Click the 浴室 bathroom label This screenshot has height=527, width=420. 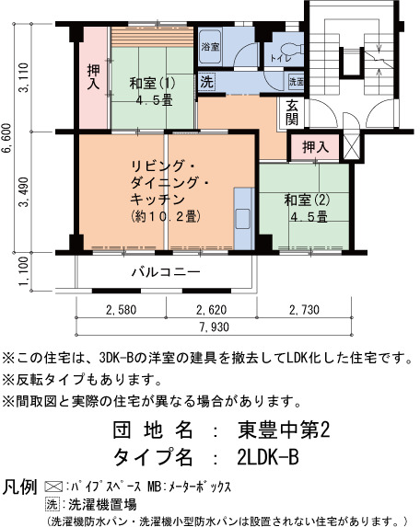210,47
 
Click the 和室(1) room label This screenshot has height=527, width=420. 153,83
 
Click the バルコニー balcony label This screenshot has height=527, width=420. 166,271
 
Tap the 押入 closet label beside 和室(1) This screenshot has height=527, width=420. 94,77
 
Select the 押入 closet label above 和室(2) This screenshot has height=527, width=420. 316,147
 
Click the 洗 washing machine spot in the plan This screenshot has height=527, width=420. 207,81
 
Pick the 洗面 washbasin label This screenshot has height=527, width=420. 297,82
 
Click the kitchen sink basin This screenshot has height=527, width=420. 242,219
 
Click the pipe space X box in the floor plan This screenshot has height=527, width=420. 352,146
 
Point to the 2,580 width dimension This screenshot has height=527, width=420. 122,310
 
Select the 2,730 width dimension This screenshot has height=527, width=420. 304,310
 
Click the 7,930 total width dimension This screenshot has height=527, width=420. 214,327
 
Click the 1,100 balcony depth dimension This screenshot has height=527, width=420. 24,271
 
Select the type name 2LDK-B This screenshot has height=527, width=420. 268,457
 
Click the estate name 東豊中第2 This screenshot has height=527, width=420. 283,430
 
